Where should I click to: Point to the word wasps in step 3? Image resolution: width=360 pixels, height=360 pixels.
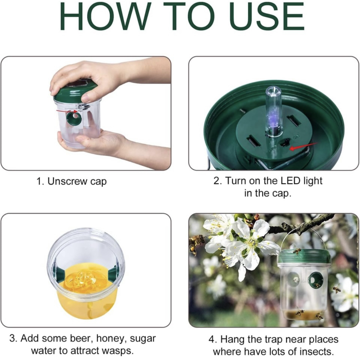117,351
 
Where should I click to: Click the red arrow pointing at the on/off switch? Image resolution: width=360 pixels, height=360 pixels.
304,145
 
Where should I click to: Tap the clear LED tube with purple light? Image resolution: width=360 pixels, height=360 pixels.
274,112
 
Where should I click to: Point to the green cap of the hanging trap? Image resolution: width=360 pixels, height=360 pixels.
304,256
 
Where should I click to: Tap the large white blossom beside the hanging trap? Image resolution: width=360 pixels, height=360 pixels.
246,244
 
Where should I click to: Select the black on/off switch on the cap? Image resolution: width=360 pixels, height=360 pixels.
286,143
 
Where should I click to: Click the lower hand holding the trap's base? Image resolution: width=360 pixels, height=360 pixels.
94,142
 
